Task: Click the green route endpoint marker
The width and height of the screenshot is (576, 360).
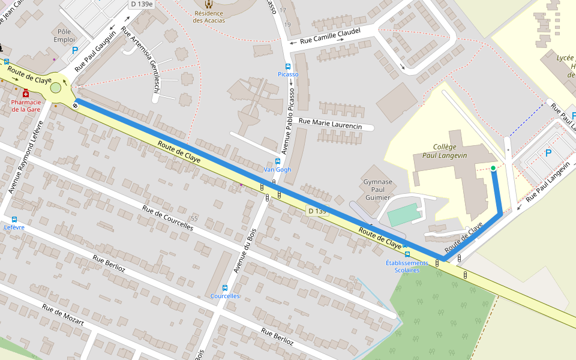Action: pyautogui.click(x=493, y=169)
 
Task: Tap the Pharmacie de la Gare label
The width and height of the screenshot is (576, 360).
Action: pyautogui.click(x=26, y=106)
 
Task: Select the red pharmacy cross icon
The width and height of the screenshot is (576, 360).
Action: pyautogui.click(x=25, y=94)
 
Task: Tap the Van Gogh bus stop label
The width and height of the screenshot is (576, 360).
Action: pyautogui.click(x=277, y=170)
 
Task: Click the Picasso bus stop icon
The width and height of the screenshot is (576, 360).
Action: pyautogui.click(x=288, y=67)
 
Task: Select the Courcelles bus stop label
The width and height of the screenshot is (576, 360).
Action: pyautogui.click(x=225, y=296)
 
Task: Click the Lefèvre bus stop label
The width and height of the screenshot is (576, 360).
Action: pyautogui.click(x=14, y=227)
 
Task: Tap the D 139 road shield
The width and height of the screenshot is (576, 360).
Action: pyautogui.click(x=317, y=211)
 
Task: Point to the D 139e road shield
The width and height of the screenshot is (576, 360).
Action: pyautogui.click(x=142, y=4)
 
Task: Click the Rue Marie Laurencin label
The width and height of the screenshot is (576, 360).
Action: pyautogui.click(x=330, y=126)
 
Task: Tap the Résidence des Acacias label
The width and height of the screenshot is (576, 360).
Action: pyautogui.click(x=209, y=16)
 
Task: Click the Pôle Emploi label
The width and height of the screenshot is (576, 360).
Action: pyautogui.click(x=64, y=35)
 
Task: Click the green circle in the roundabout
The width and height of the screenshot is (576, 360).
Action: pyautogui.click(x=56, y=88)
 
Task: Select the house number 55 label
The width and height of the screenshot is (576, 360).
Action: pyautogui.click(x=194, y=218)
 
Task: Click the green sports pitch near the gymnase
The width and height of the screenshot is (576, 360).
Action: pyautogui.click(x=403, y=214)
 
